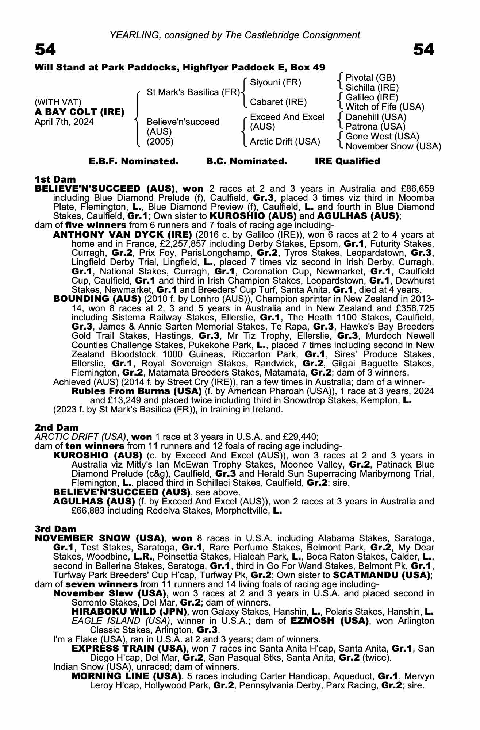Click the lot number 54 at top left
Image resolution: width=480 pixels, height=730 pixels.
pyautogui.click(x=45, y=50)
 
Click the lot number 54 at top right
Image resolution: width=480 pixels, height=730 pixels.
pyautogui.click(x=423, y=50)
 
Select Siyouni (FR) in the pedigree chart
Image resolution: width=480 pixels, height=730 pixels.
pyautogui.click(x=276, y=82)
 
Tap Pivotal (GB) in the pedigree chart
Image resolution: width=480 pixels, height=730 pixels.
pyautogui.click(x=370, y=78)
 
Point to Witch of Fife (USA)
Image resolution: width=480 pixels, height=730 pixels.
pyautogui.click(x=385, y=107)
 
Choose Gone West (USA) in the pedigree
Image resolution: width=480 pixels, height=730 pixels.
pyautogui.click(x=382, y=137)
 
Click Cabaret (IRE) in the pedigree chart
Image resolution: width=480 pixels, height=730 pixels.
pyautogui.click(x=278, y=102)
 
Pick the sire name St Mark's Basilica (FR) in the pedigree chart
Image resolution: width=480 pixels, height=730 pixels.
pyautogui.click(x=193, y=92)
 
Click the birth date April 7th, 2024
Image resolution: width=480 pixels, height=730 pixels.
pyautogui.click(x=64, y=122)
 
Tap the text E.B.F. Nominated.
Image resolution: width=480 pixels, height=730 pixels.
pyautogui.click(x=134, y=161)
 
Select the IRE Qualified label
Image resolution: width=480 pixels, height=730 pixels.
pyautogui.click(x=347, y=161)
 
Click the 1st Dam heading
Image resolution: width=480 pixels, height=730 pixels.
pyautogui.click(x=55, y=179)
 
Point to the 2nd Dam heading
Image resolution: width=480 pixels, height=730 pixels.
pyautogui.click(x=56, y=427)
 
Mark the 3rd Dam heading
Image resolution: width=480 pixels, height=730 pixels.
pyautogui.click(x=55, y=529)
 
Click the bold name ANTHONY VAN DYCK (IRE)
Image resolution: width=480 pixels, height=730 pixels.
pyautogui.click(x=123, y=234)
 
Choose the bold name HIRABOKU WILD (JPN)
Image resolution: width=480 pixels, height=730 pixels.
pyautogui.click(x=130, y=611)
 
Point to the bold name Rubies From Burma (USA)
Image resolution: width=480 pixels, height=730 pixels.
pyautogui.click(x=137, y=391)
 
